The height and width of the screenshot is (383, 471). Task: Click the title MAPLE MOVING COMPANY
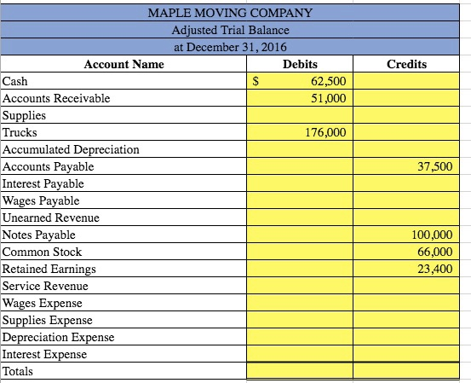[x=230, y=13]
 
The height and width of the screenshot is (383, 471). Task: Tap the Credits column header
[x=406, y=65]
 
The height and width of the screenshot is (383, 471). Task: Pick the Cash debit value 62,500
[x=328, y=82]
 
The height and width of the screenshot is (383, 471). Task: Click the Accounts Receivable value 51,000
[x=328, y=99]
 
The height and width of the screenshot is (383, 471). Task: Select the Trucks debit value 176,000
[x=325, y=133]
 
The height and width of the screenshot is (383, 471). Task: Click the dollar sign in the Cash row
[x=259, y=82]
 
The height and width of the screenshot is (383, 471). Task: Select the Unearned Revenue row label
[x=51, y=218]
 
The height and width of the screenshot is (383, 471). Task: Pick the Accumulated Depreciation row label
[x=71, y=150]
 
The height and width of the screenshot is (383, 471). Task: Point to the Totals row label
[x=18, y=372]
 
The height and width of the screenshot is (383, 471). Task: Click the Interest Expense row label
[x=45, y=355]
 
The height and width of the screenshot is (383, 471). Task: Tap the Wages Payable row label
[x=42, y=201]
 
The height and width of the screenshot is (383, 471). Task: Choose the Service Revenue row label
[x=46, y=287]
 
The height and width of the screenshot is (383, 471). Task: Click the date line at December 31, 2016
[x=230, y=47]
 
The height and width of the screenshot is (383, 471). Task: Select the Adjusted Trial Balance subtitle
[x=230, y=30]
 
